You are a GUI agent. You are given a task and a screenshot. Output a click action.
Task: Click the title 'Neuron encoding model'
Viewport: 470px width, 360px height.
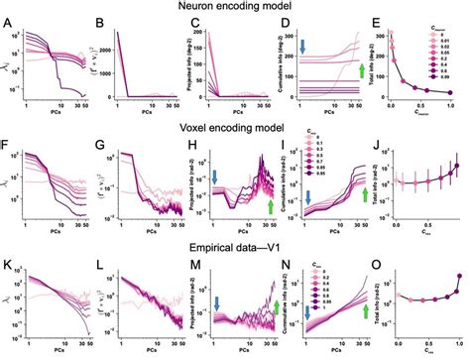[x=236, y=8]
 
